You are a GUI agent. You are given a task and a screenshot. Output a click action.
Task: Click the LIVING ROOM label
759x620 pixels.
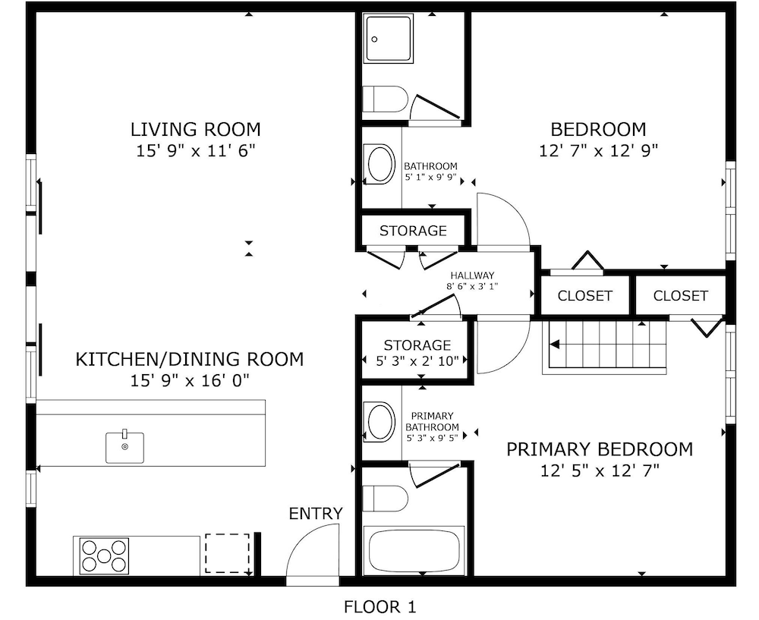coord(196,130)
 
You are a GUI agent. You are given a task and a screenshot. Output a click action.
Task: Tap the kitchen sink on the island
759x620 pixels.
coord(125,447)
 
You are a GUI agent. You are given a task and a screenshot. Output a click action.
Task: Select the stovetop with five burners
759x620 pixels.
coord(105,556)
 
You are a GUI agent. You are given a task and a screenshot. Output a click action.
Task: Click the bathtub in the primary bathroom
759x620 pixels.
coord(414,551)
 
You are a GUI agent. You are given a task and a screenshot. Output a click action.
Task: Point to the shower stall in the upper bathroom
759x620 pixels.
coord(389,38)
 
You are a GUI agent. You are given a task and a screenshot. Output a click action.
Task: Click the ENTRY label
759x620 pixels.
coord(316,514)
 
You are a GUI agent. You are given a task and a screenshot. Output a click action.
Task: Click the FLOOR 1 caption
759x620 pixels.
coord(380,606)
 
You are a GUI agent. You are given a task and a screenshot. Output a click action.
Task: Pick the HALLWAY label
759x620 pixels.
coord(472,275)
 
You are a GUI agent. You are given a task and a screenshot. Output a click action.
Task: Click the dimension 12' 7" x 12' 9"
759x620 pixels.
coord(598,151)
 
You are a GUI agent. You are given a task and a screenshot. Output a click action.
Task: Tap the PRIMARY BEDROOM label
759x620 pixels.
coord(600,449)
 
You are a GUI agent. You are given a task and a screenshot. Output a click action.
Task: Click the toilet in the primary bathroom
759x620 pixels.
coord(386,499)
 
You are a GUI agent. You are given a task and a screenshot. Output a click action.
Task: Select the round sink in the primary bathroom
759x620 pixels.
coord(381,422)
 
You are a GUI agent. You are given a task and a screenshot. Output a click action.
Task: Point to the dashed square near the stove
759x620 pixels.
coord(227,553)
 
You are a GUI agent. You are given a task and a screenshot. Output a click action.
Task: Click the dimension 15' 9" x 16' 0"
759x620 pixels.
coord(189,381)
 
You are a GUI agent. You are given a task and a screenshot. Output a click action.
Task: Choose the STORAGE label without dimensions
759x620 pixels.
coord(413,231)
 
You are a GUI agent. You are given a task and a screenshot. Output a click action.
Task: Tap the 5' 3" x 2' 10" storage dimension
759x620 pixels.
coord(417,360)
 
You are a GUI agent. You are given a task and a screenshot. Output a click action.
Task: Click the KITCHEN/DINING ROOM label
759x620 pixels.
coord(190,359)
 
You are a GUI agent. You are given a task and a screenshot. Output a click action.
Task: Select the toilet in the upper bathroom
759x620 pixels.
coord(386,99)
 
